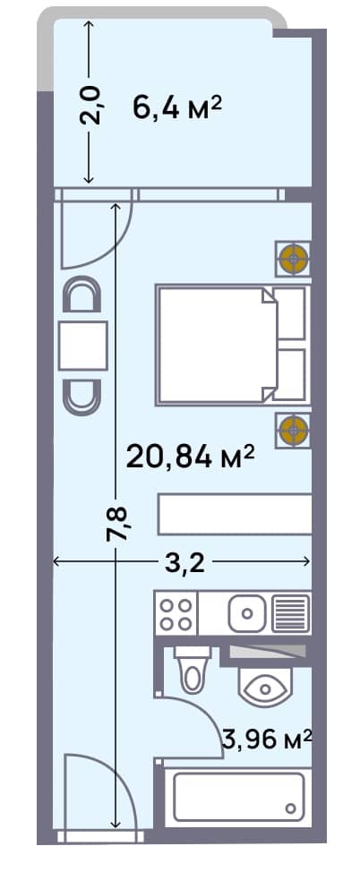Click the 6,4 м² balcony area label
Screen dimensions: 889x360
pos(176,109)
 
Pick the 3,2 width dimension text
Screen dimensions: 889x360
pos(185,563)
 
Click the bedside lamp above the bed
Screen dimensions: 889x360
pos(292,259)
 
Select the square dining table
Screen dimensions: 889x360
pos(82,346)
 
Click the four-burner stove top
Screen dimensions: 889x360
pos(175,613)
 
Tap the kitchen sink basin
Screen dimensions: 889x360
pos(246,613)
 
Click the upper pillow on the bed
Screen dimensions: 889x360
pos(291,313)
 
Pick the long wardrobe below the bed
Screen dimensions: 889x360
pos(235,515)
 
